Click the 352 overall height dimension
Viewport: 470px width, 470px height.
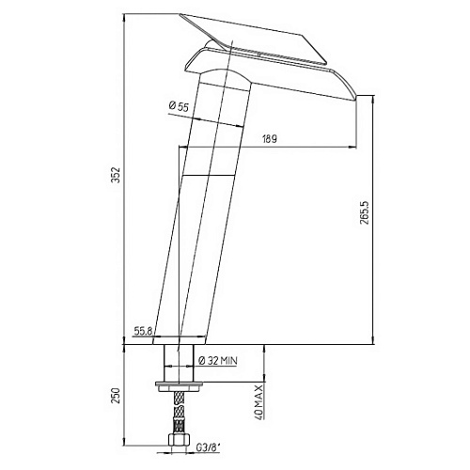point(116,176)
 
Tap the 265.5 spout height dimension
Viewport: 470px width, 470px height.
point(365,212)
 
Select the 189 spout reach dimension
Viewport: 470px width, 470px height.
point(270,139)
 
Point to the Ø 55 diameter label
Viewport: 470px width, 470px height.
point(179,106)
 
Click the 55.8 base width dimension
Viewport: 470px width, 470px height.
point(143,331)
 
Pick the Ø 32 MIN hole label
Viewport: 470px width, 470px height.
point(218,361)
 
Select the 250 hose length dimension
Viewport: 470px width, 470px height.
point(116,396)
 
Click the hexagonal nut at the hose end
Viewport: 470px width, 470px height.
point(179,439)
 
